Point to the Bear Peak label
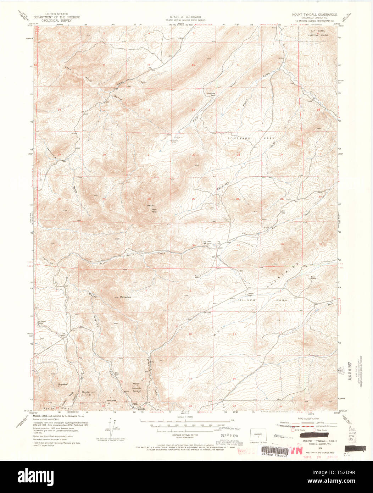point(154,210)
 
